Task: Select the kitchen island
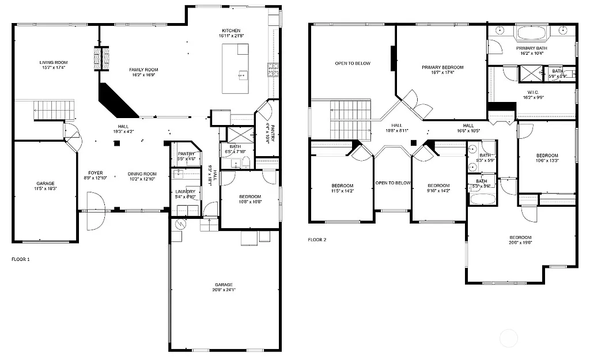236,68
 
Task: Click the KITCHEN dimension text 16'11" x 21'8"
231,36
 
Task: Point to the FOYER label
95,173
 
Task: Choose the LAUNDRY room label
185,192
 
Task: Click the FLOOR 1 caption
21,259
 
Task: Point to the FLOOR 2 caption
317,240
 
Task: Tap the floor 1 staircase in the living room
54,109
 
